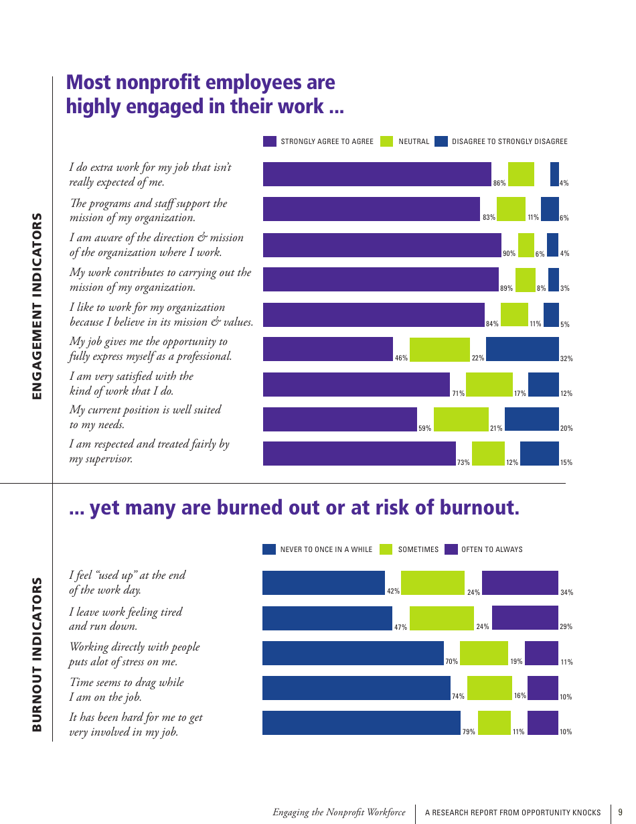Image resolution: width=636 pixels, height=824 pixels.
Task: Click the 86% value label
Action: [x=499, y=183]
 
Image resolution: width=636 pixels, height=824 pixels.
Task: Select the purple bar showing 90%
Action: [x=382, y=245]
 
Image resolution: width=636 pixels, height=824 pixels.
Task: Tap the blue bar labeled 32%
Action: [x=522, y=349]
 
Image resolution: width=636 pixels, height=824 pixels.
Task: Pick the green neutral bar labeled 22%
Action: [x=439, y=349]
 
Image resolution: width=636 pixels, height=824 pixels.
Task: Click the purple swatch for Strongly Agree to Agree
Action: [x=270, y=141]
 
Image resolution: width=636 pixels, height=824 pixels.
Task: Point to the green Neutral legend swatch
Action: [x=386, y=141]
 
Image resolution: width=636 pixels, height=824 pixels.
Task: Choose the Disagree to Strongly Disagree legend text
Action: [x=509, y=141]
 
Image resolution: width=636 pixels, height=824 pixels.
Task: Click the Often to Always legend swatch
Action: [x=451, y=549]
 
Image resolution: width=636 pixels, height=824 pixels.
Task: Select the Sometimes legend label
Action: [x=418, y=549]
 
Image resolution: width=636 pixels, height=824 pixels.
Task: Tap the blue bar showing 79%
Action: [x=361, y=723]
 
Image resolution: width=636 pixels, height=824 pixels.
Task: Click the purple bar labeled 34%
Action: [x=520, y=583]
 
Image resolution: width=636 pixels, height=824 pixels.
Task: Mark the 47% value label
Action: [x=400, y=627]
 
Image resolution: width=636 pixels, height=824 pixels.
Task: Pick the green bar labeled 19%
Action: [x=483, y=653]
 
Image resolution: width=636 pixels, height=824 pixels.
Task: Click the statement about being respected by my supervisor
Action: [x=149, y=452]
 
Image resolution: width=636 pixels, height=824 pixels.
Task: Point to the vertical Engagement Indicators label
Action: [x=37, y=306]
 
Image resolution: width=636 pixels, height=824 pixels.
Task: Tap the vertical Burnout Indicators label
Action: [x=37, y=655]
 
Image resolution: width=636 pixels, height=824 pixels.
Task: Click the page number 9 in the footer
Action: [x=620, y=812]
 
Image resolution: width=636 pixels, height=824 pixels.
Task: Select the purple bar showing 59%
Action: [x=339, y=419]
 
